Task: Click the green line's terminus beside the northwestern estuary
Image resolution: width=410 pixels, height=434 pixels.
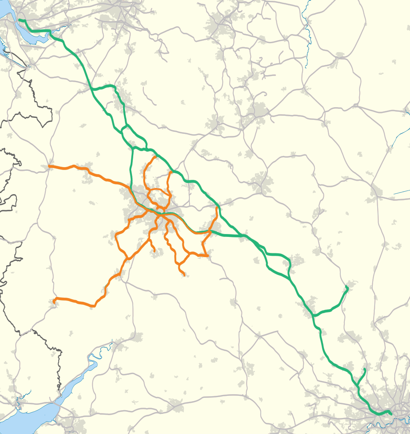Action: point(19,20)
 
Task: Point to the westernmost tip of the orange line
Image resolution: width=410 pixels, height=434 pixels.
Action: point(49,166)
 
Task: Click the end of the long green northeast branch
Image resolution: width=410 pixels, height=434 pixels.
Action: point(347,287)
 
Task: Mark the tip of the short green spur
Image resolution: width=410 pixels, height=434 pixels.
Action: point(364,370)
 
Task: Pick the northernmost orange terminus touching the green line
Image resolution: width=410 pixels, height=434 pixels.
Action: point(155,157)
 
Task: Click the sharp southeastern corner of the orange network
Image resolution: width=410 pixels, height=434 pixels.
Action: point(208,256)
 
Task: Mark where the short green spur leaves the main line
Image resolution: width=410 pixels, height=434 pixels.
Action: point(358,385)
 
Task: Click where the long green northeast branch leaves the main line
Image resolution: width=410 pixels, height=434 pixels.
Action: point(314,315)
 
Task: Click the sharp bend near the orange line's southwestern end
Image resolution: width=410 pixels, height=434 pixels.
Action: point(95,306)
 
